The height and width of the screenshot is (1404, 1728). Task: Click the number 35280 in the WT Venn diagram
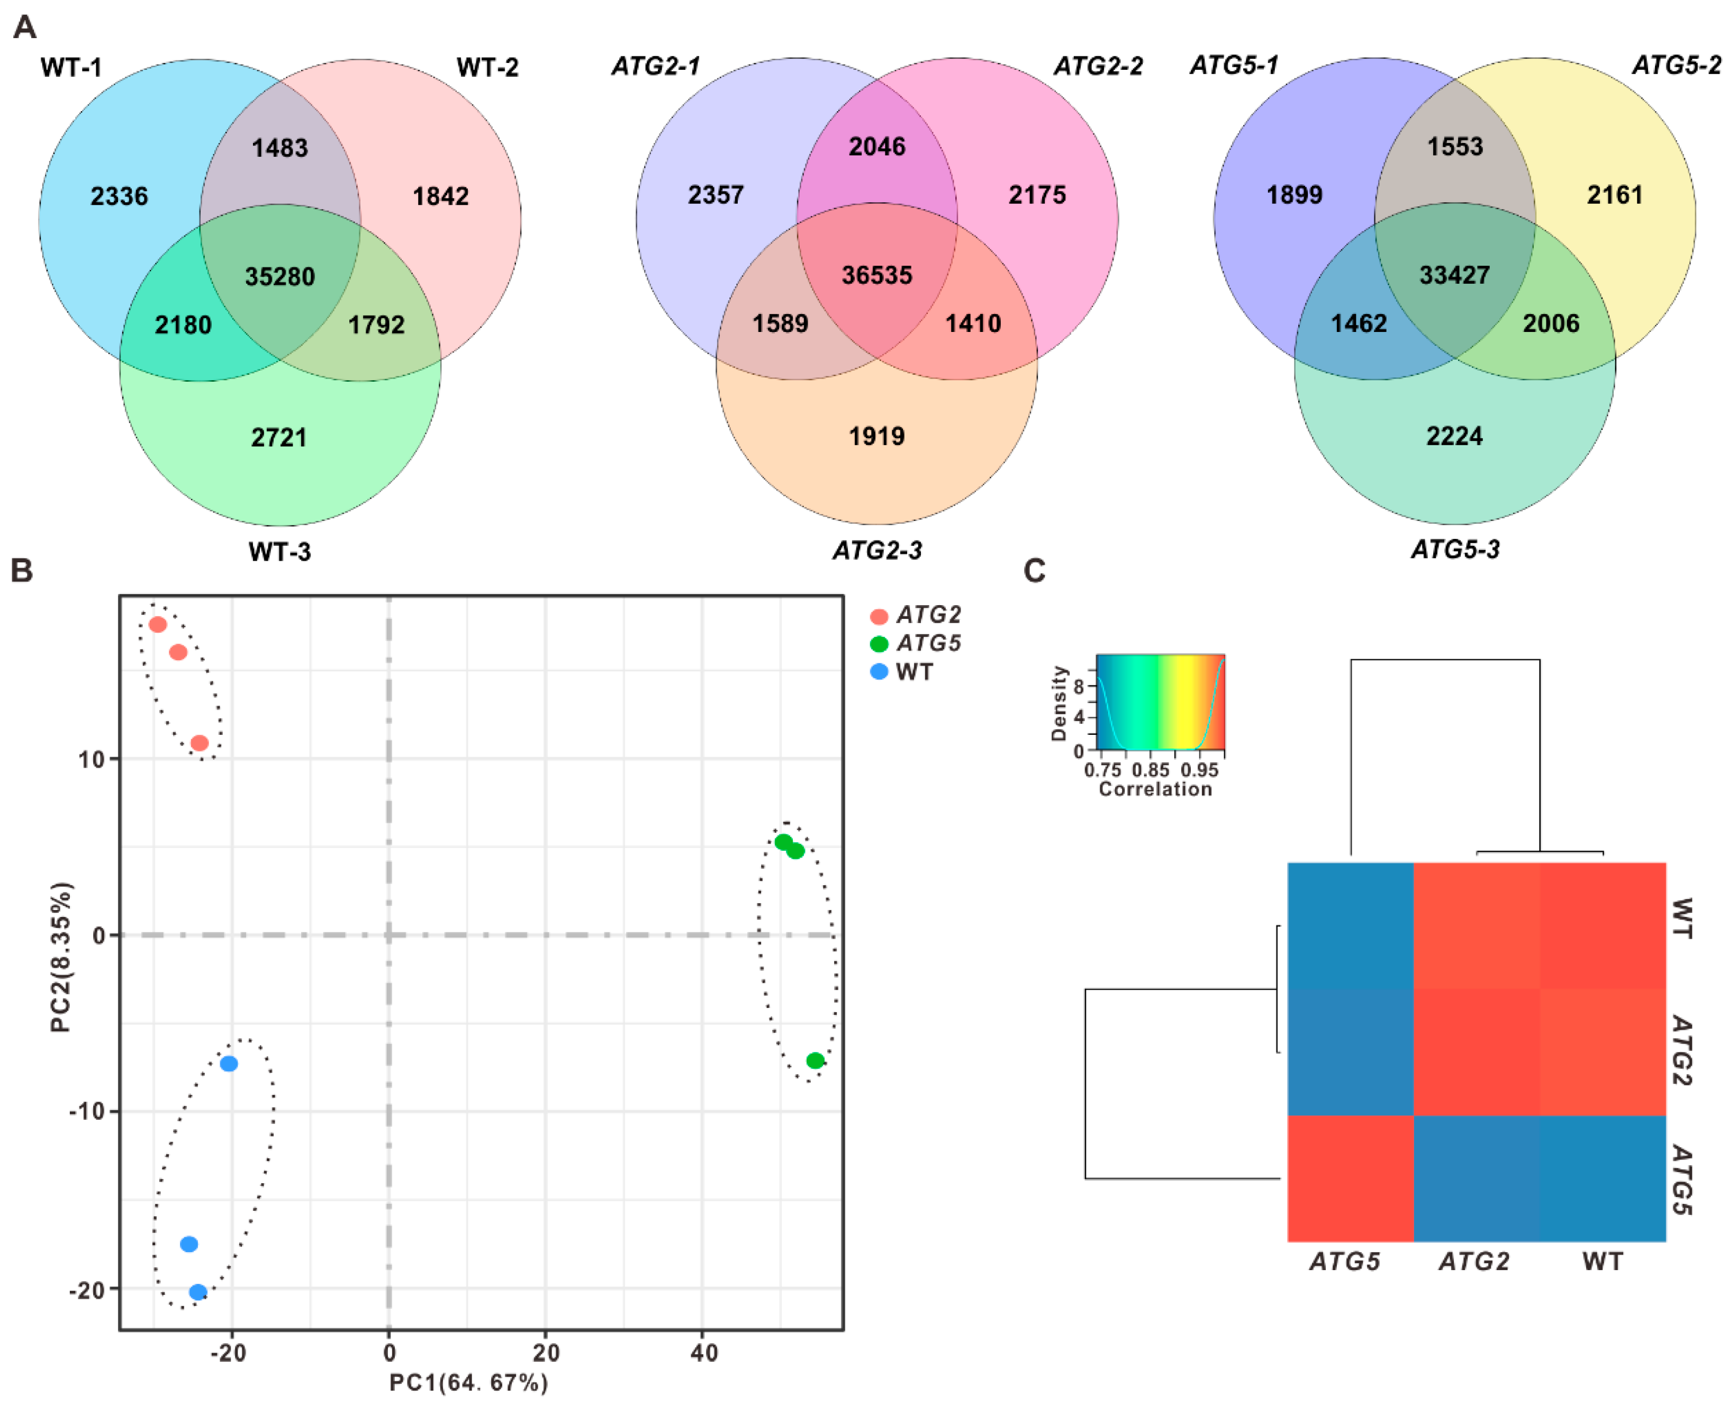pos(280,276)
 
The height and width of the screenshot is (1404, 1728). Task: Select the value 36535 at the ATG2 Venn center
pos(876,275)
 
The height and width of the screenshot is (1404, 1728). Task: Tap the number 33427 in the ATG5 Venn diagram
pos(1454,275)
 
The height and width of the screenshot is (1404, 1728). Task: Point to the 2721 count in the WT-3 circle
pos(279,437)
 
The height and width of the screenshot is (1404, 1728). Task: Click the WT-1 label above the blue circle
pos(71,67)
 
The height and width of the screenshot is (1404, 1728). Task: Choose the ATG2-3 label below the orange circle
pos(877,551)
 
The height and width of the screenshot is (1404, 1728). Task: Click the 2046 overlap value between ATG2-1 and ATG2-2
pos(876,147)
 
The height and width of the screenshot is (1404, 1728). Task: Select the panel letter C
pos(1034,571)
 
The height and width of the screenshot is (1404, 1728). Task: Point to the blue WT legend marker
pos(879,671)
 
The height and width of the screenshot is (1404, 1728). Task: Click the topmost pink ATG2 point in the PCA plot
pos(158,624)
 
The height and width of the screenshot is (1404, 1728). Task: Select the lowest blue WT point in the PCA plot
pos(198,1292)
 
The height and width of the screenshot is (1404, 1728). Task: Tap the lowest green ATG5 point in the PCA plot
pos(815,1060)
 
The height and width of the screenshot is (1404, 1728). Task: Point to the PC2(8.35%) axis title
pos(61,957)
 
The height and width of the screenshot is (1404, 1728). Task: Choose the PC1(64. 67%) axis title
pos(469,1383)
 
